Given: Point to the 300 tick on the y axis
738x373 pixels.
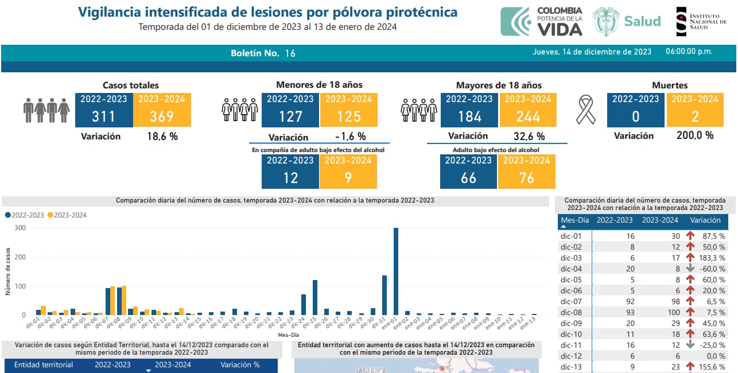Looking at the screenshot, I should (x=21, y=228).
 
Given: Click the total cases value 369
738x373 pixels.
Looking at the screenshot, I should (x=162, y=116).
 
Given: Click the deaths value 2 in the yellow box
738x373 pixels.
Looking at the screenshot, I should (x=695, y=116).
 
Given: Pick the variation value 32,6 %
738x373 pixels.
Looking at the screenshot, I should (x=529, y=137).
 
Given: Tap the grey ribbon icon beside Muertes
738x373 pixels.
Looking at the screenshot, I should (x=586, y=110).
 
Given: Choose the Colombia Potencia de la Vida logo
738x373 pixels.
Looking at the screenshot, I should (x=542, y=22).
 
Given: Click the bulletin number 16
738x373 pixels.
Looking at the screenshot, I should (x=290, y=53).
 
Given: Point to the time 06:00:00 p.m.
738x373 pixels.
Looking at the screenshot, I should (x=689, y=52).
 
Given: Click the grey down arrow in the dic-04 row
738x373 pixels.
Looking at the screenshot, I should (x=690, y=269).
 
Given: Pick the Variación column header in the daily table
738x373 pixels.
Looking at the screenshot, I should (x=705, y=220).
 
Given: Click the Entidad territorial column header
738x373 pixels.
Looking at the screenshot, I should (x=44, y=365).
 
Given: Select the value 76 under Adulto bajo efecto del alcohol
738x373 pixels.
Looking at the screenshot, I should (x=526, y=178).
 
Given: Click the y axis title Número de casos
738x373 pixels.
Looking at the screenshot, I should (x=8, y=271).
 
